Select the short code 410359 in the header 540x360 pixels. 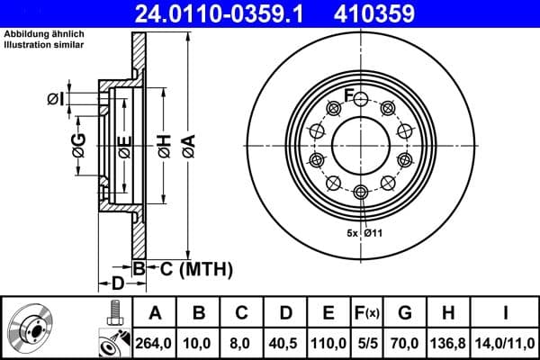click(400, 13)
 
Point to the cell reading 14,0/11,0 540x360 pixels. click(506, 342)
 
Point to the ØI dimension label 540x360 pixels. click(56, 98)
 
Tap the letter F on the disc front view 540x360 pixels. click(360, 97)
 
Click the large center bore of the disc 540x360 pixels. click(361, 144)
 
